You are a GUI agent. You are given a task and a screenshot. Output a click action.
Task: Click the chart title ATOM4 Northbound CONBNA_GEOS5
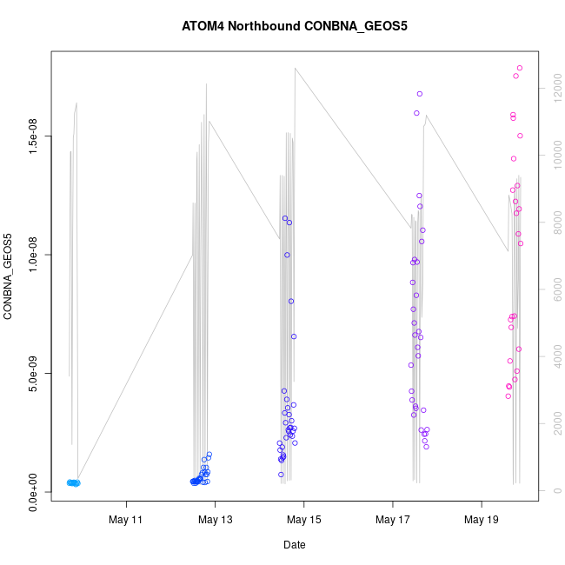coord(295,25)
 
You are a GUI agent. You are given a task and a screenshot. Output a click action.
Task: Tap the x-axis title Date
coord(294,545)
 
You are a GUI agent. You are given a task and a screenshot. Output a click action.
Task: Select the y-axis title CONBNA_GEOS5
coord(9,276)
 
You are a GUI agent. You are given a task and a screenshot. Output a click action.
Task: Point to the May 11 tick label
coord(127,520)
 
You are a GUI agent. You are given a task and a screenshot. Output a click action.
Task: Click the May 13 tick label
coord(216,520)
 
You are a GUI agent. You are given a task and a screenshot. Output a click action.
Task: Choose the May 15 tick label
coord(304,520)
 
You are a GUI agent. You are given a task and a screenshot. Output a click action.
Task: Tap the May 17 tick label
coord(393,520)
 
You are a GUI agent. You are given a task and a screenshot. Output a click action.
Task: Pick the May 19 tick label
coord(482,520)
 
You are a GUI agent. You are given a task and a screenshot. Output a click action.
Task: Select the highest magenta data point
coord(520,68)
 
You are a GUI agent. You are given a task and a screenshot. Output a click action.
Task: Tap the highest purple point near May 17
coord(420,94)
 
